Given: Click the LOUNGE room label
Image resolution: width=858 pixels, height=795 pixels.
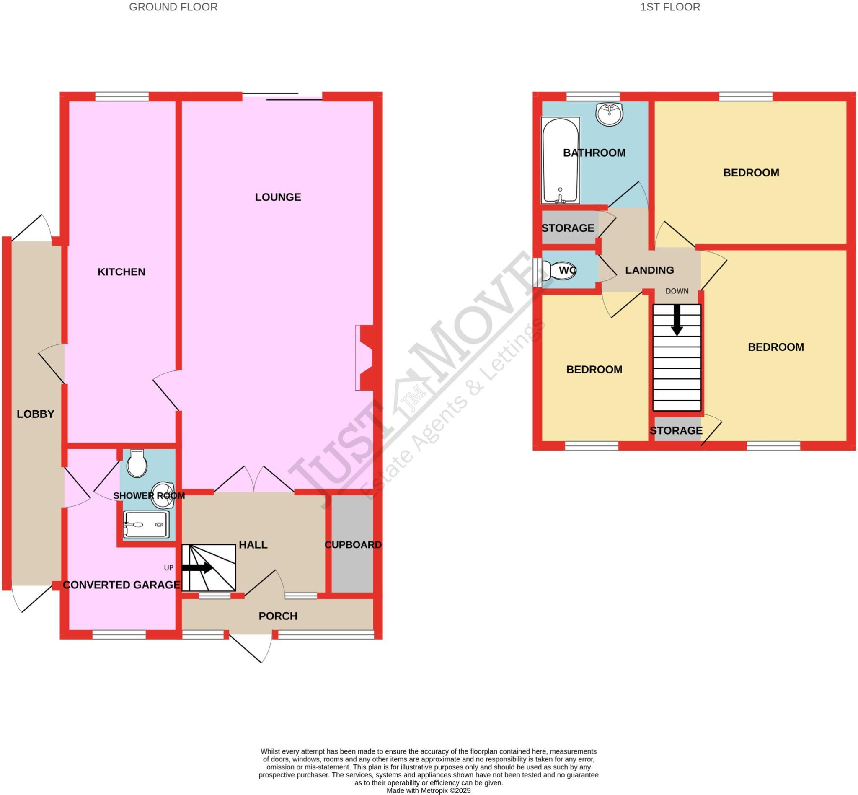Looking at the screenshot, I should coord(278,197).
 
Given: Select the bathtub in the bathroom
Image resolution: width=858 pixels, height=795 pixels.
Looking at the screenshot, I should coord(560,160).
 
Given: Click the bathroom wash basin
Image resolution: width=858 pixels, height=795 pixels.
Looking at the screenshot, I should coord(609,114).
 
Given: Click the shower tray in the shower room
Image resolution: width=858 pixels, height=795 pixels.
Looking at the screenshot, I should coord(146,525).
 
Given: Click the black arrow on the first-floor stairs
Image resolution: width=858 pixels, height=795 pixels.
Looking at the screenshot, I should coord(677,320).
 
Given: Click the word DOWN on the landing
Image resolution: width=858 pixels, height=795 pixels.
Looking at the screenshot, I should coord(677,291).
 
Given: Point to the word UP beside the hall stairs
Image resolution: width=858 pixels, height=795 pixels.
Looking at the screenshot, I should coord(168,568).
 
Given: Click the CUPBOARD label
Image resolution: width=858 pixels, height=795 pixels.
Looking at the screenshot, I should coord(353,545).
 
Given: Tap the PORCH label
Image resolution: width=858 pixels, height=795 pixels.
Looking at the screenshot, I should coord(278,616).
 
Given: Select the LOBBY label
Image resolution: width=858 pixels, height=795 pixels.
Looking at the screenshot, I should coord(35,414).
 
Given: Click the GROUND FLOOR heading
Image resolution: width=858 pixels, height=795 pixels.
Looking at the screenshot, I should coord(173,7).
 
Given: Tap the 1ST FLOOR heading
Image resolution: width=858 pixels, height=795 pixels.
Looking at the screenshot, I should coord(670,7).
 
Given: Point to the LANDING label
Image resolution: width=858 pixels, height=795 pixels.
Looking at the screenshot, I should coord(649,270).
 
